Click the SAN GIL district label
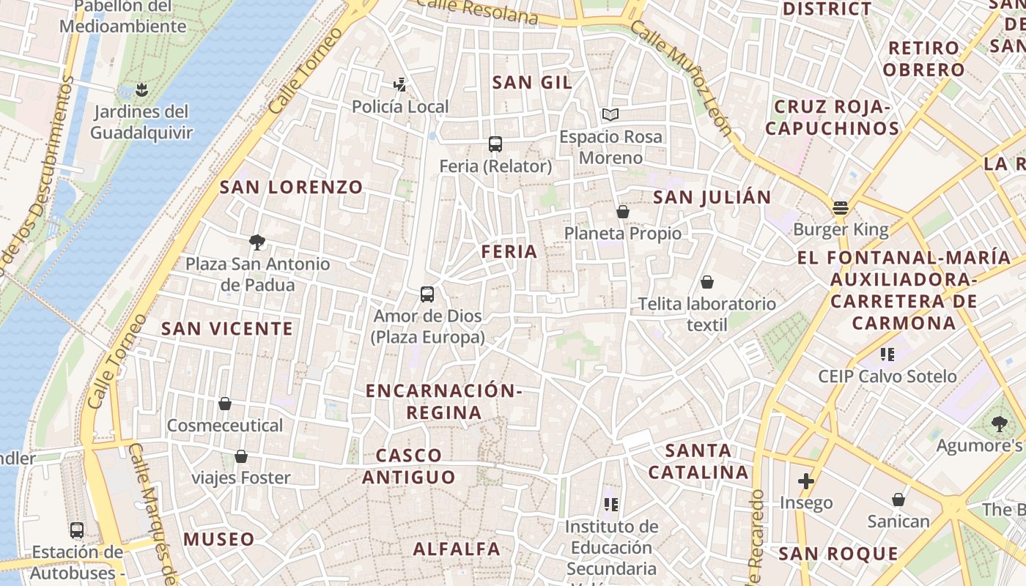pos(532,82)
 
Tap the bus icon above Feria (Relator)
pos(495,144)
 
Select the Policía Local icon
pos(399,85)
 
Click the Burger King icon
pos(840,207)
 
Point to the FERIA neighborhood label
pos(509,252)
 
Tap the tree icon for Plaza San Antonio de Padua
pos(256,241)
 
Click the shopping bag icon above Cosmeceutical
pos(225,404)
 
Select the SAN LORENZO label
pos(292,188)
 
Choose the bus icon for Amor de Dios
pos(427,294)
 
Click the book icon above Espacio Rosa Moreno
pos(610,114)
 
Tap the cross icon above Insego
pos(806,481)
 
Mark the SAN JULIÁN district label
pos(712,197)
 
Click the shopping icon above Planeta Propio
pos(623,212)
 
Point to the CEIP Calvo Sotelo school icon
pos(887,355)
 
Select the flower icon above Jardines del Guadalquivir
pos(141,89)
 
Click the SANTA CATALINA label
pos(698,461)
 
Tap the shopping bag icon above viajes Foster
pos(240,457)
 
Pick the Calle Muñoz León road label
pos(681,78)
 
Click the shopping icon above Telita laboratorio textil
pos(707,282)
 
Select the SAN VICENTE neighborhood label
pos(227,329)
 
